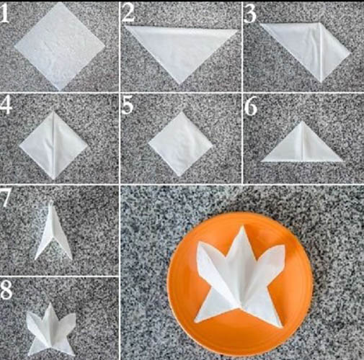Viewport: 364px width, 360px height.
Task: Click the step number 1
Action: pyautogui.click(x=5, y=13)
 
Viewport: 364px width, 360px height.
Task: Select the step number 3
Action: pyautogui.click(x=250, y=13)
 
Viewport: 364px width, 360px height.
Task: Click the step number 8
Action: pyautogui.click(x=6, y=289)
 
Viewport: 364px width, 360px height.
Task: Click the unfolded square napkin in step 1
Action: pyautogui.click(x=60, y=46)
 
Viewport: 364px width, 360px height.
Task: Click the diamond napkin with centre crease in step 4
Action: pyautogui.click(x=53, y=145)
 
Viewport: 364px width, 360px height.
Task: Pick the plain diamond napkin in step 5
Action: pyautogui.click(x=181, y=144)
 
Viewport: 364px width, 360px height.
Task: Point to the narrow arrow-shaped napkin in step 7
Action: pyautogui.click(x=53, y=230)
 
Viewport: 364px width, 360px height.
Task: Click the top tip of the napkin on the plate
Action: pyautogui.click(x=244, y=225)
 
